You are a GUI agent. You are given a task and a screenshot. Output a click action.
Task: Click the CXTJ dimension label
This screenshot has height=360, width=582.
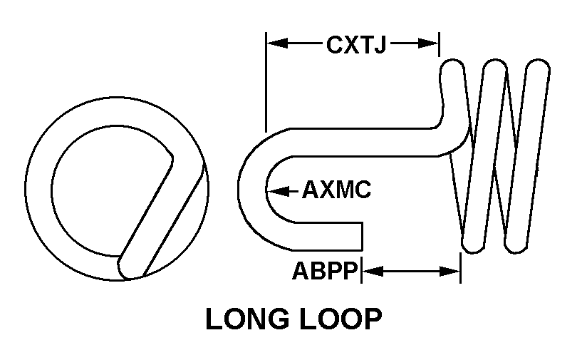click(355, 45)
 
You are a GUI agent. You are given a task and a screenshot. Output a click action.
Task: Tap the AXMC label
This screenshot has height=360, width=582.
click(336, 190)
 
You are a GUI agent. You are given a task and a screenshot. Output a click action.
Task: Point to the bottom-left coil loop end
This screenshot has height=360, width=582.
click(472, 243)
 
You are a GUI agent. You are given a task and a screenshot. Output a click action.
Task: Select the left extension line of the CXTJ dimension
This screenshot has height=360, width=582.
click(266, 82)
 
